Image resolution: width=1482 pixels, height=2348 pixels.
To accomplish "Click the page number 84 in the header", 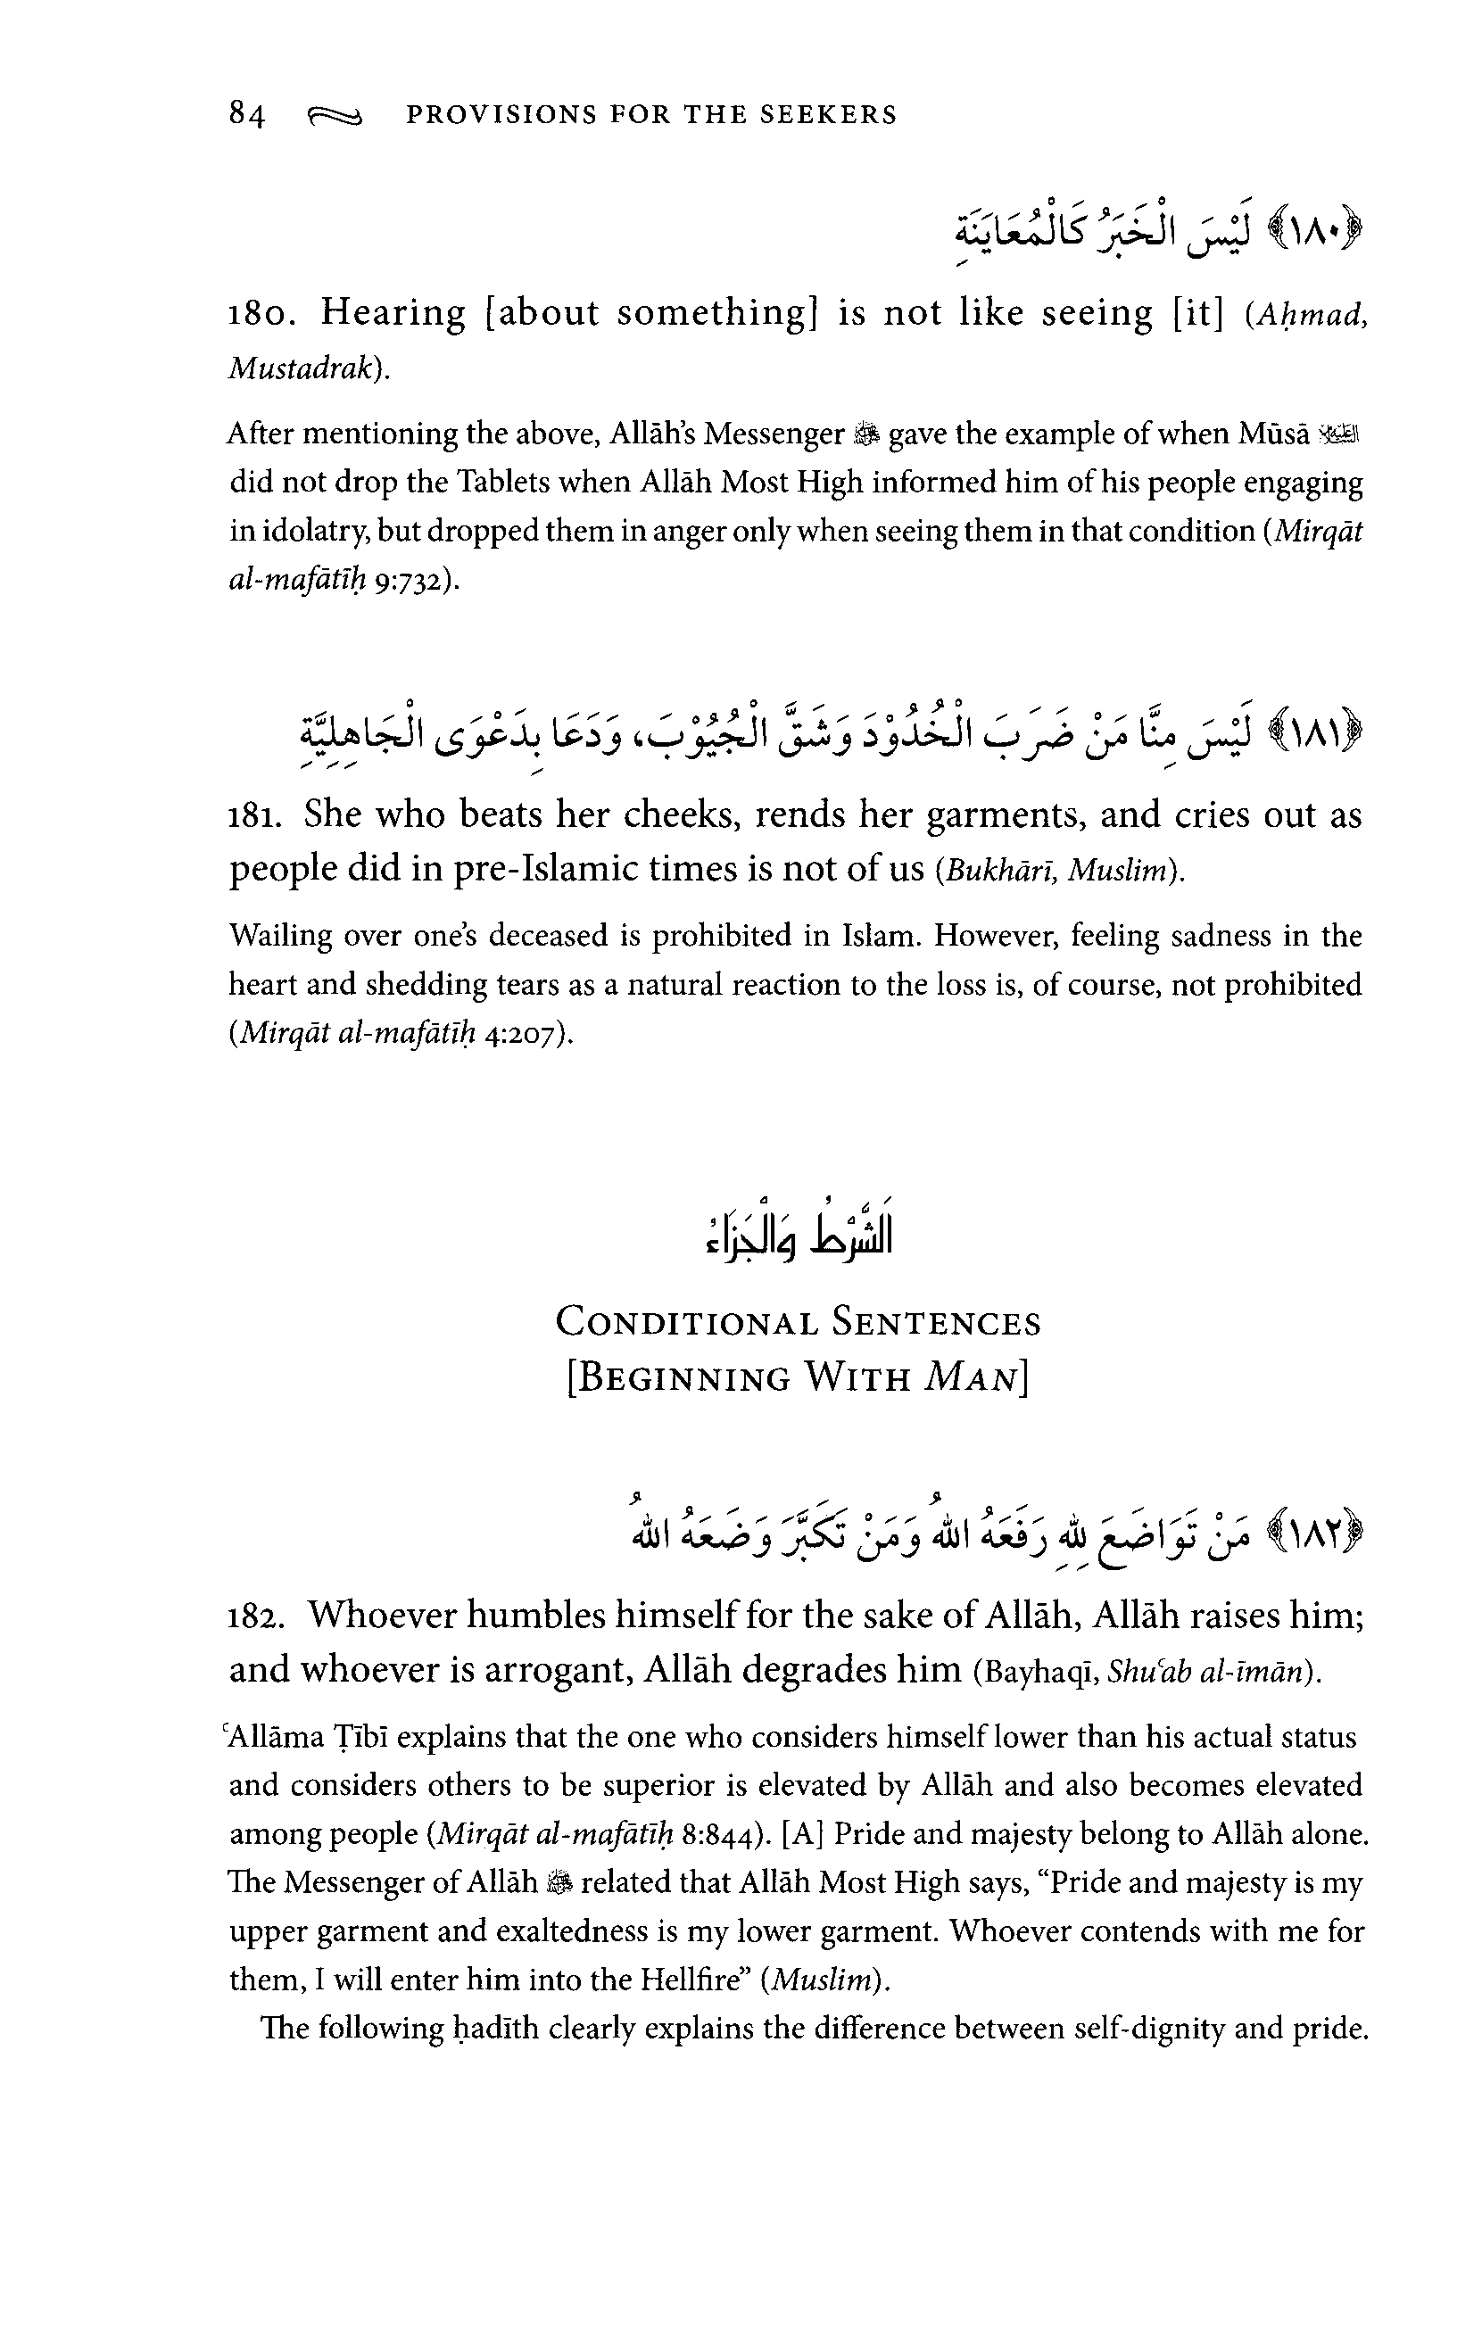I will pos(246,115).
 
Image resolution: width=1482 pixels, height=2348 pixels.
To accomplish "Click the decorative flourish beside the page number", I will pos(335,117).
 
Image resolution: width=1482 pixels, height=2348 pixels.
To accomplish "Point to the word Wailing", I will pos(279,936).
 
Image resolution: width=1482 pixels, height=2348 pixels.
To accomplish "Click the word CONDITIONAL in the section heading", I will pos(685,1324).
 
